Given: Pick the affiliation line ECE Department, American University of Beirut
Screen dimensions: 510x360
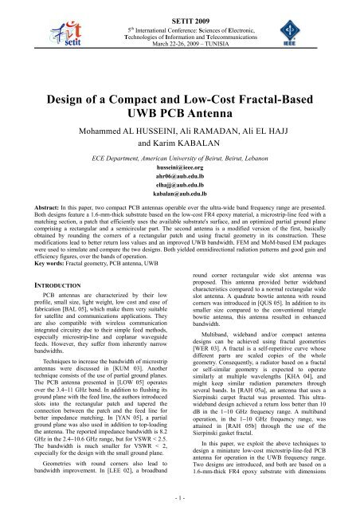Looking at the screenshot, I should [180, 160].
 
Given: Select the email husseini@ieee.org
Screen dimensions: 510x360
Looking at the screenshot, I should [180, 171].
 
